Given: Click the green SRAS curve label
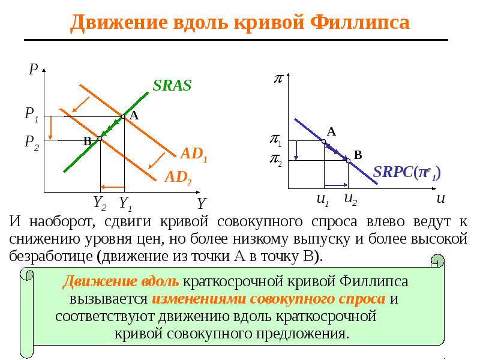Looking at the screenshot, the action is click(x=172, y=85).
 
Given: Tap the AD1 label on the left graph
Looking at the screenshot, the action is click(x=194, y=154).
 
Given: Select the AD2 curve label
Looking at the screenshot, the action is click(x=178, y=178).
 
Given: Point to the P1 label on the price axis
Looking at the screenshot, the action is click(x=32, y=115).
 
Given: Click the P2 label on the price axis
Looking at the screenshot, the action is click(x=32, y=143).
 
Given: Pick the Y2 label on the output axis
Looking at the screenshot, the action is click(x=100, y=203).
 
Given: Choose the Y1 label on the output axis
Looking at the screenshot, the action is click(x=125, y=203).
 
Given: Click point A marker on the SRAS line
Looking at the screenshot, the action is click(x=124, y=116).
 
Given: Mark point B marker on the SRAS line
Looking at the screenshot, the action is click(x=100, y=139).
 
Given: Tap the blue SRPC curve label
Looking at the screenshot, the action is click(x=407, y=173).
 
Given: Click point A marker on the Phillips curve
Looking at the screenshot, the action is click(x=324, y=142).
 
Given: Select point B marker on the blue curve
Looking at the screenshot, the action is click(x=348, y=160).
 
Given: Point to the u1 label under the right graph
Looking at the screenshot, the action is click(x=323, y=200).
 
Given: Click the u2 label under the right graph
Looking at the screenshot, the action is click(x=350, y=200).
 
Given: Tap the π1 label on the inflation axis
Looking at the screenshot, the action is click(x=275, y=140).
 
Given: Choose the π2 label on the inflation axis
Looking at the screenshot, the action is click(x=275, y=160).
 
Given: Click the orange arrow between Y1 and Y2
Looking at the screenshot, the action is click(x=113, y=187).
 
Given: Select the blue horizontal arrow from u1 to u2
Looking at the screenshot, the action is click(x=336, y=185).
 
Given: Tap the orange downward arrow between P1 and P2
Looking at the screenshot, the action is click(x=51, y=128).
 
